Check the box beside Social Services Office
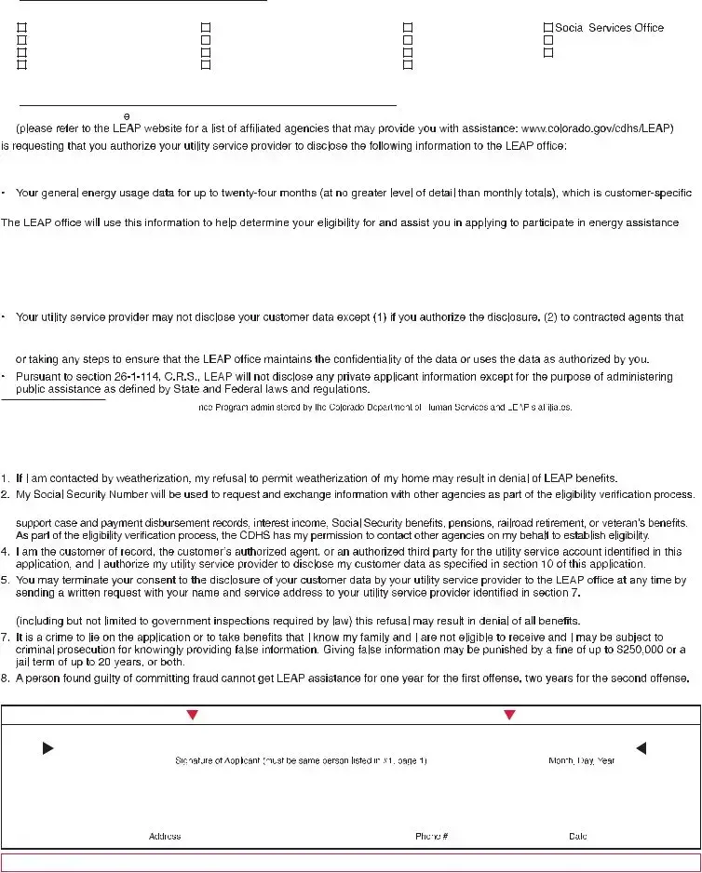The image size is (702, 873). click(547, 29)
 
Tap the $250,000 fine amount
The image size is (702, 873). click(636, 649)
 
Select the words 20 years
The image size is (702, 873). click(106, 663)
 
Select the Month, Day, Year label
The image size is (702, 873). click(582, 761)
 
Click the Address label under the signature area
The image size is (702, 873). click(165, 837)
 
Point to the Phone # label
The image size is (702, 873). click(432, 837)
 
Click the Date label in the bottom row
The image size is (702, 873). click(577, 837)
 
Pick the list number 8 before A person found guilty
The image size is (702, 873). click(6, 678)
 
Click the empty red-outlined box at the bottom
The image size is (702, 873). click(350, 863)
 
